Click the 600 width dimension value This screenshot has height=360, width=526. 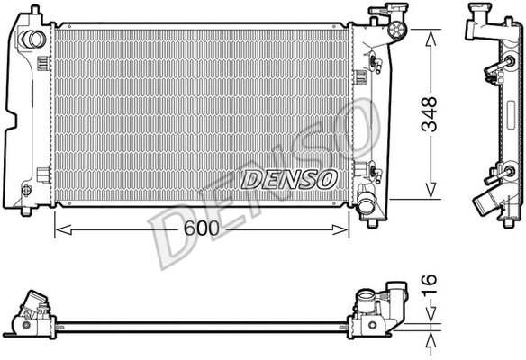[200, 229]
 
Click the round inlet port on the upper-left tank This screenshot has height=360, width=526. [33, 40]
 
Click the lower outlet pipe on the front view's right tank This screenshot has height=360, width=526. [368, 205]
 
